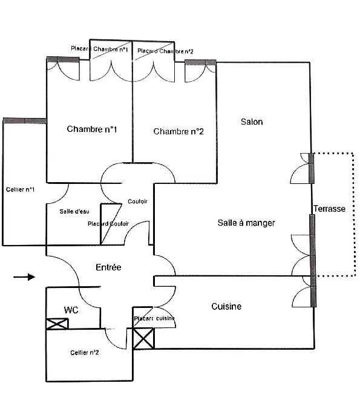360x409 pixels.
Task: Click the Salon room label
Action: pyautogui.click(x=252, y=122)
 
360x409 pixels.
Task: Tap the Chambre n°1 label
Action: pyautogui.click(x=92, y=129)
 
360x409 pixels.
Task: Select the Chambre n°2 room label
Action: pyautogui.click(x=178, y=131)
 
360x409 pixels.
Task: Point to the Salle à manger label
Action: pyautogui.click(x=246, y=223)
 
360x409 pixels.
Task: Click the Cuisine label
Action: pyautogui.click(x=226, y=306)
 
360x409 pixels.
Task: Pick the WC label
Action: pyautogui.click(x=71, y=310)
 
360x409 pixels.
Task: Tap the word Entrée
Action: pyautogui.click(x=108, y=267)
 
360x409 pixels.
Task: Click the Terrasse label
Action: pyautogui.click(x=330, y=209)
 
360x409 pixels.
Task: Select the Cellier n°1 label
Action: pyautogui.click(x=20, y=189)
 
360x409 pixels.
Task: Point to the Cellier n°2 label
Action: pyautogui.click(x=85, y=352)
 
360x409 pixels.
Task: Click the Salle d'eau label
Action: pyautogui.click(x=74, y=211)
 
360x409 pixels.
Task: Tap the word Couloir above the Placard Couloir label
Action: pyautogui.click(x=137, y=201)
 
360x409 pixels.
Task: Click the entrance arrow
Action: pyautogui.click(x=24, y=276)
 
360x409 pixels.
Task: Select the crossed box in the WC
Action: pyautogui.click(x=57, y=324)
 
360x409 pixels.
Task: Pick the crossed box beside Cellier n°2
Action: pyautogui.click(x=143, y=338)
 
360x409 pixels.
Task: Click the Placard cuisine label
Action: pyautogui.click(x=154, y=318)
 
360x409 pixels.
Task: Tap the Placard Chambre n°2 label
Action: pyautogui.click(x=165, y=51)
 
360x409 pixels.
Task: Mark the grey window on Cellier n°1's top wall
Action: pyautogui.click(x=25, y=120)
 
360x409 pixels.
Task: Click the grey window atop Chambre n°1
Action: pyautogui.click(x=63, y=60)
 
